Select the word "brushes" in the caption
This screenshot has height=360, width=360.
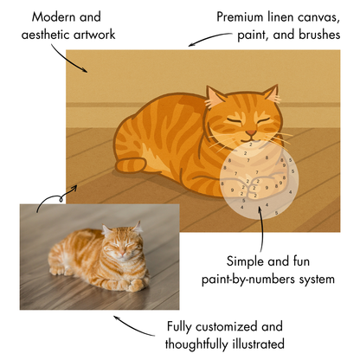point(312,35)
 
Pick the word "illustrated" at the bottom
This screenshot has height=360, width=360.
point(262,344)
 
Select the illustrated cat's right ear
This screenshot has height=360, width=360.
point(270,93)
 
